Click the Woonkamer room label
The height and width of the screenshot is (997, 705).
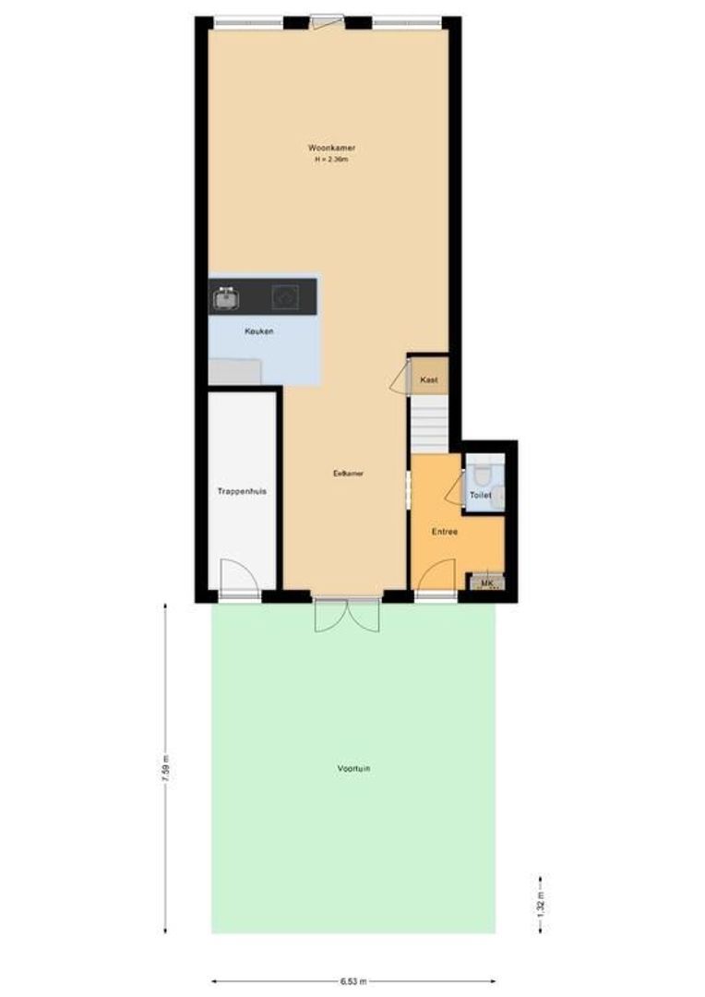(x=332, y=148)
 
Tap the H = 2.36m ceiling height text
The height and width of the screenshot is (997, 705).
(x=332, y=160)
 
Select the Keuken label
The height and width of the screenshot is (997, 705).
(x=258, y=331)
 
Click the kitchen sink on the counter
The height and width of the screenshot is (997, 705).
(x=226, y=298)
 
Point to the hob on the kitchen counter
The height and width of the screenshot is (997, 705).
(x=284, y=297)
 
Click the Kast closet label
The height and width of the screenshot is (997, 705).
(x=428, y=380)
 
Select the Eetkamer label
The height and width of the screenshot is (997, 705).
(x=348, y=474)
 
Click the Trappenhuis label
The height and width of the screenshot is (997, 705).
(x=242, y=492)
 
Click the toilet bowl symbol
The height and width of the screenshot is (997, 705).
(x=480, y=474)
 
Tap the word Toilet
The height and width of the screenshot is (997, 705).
(x=481, y=496)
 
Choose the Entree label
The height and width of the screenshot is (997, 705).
(x=446, y=532)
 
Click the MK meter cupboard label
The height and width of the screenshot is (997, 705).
(x=486, y=583)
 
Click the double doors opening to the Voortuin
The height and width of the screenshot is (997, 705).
(x=346, y=616)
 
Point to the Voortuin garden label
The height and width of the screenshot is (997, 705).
(x=354, y=768)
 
